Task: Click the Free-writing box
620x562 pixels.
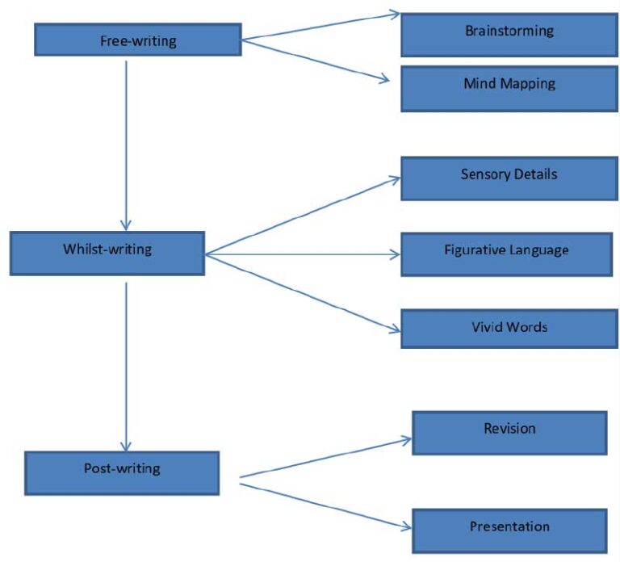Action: (x=137, y=40)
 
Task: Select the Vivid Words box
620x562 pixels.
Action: (x=509, y=328)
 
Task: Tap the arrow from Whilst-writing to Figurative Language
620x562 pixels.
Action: (x=303, y=254)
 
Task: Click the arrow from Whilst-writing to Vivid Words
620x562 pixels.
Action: (x=303, y=292)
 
